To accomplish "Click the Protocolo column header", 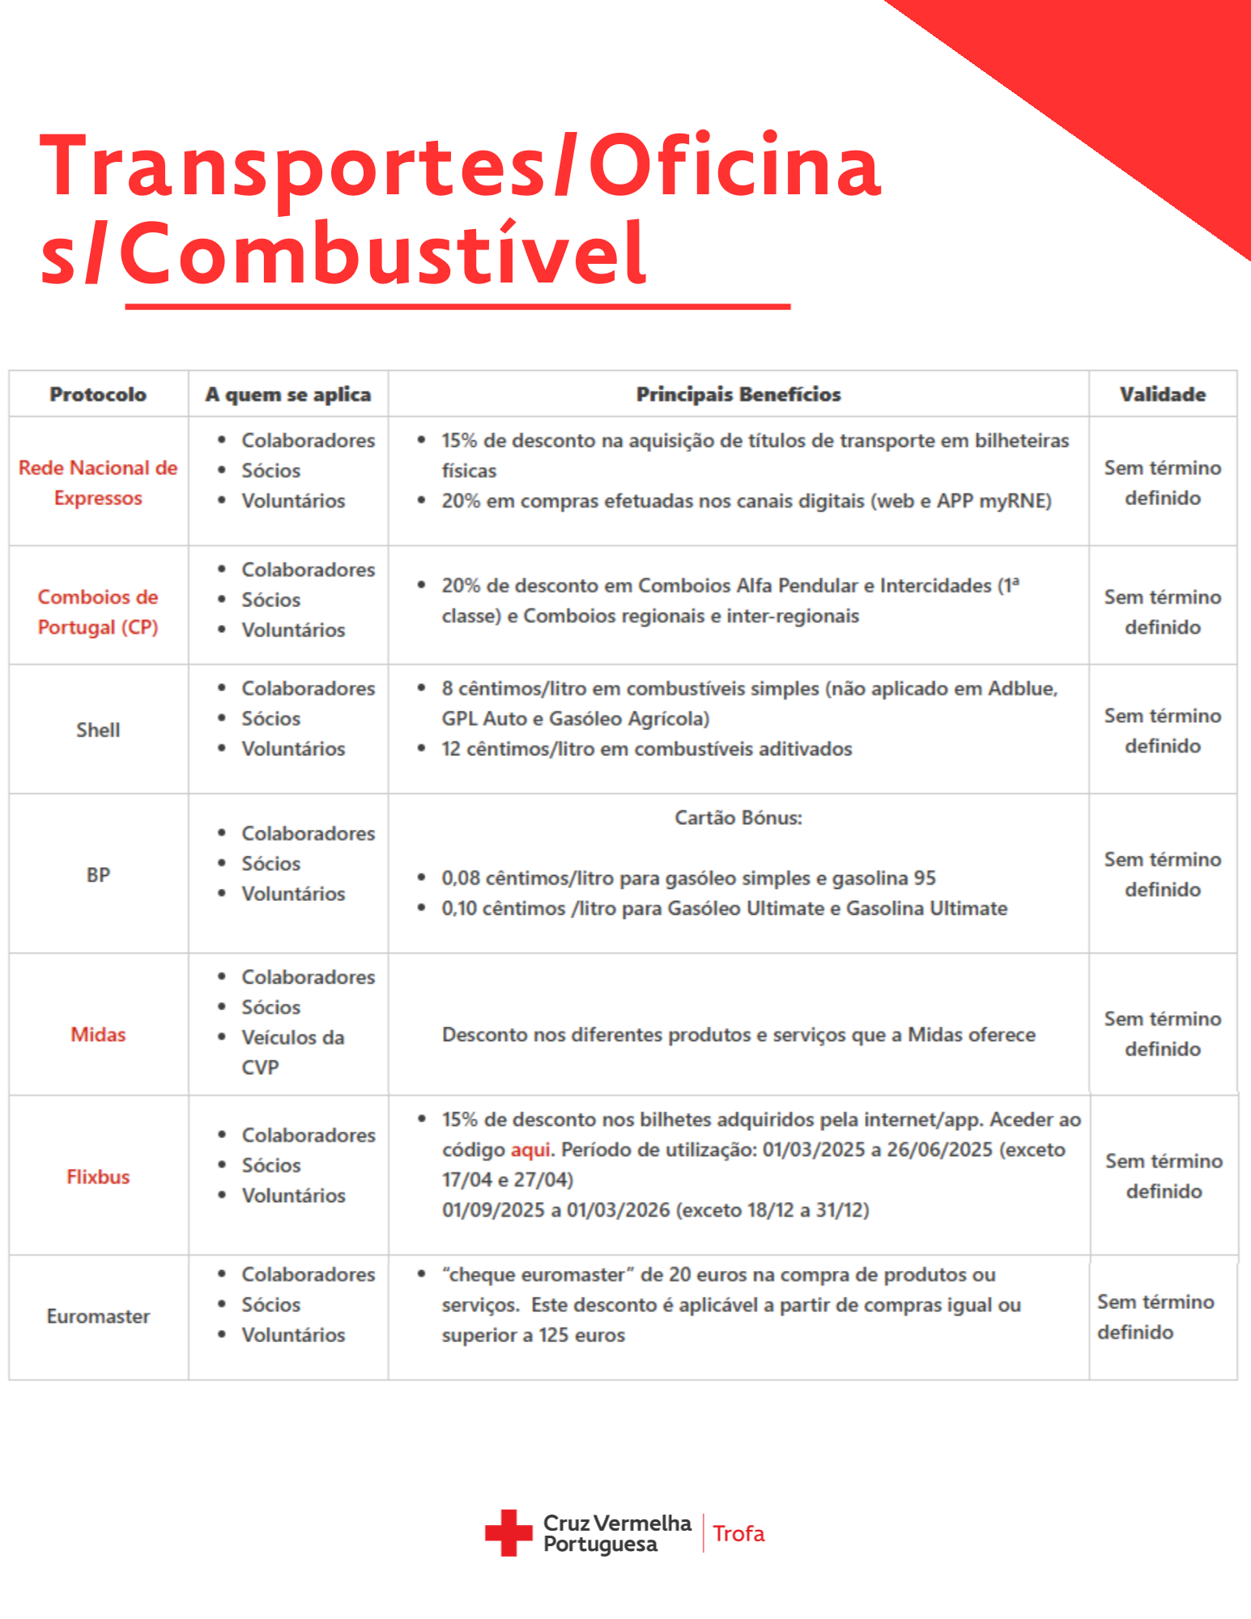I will (98, 394).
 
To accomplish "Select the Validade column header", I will (1162, 394).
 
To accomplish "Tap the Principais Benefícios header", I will (738, 394).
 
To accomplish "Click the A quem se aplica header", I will (287, 394).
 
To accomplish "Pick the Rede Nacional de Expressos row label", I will (98, 482).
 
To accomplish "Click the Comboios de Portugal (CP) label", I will (98, 612).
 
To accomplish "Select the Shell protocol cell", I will (98, 730).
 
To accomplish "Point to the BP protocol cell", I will (98, 875).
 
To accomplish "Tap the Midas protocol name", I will (98, 1035).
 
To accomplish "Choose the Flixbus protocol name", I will (98, 1177).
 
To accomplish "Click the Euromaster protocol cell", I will (98, 1316).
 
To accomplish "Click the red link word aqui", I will (530, 1150).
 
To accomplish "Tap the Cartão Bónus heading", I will (738, 818).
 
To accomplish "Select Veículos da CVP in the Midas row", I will (292, 1052).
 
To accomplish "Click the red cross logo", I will (508, 1532).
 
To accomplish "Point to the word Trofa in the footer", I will (738, 1534).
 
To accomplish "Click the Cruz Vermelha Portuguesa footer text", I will (616, 1534).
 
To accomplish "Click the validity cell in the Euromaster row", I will (1155, 1317).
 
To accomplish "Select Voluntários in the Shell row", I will (293, 749).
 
